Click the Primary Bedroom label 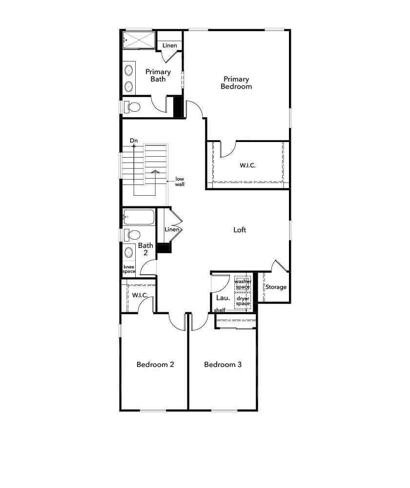236,82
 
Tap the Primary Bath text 158,75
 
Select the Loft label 240,230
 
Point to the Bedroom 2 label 155,365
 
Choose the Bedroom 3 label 223,365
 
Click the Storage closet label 276,287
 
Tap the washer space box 243,284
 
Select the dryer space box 243,301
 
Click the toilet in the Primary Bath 132,107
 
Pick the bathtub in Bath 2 139,217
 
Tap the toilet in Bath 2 132,235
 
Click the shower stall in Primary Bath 139,39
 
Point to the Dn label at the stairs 134,141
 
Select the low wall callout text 180,182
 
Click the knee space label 129,269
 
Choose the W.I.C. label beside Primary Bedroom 247,165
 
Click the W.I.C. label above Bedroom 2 140,295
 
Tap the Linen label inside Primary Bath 170,45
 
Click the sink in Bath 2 129,252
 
